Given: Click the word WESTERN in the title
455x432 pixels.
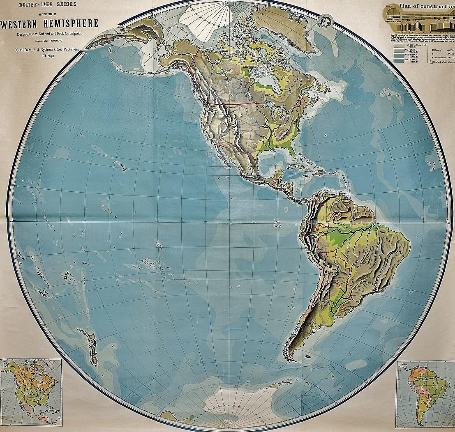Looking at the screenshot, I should coord(21,23).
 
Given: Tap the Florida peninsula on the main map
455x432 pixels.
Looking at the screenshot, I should coord(291,149).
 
